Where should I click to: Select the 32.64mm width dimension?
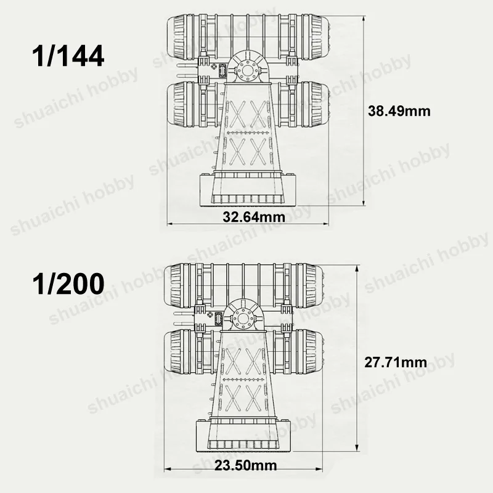coord(254,216)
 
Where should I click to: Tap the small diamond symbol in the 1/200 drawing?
coord(213,316)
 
